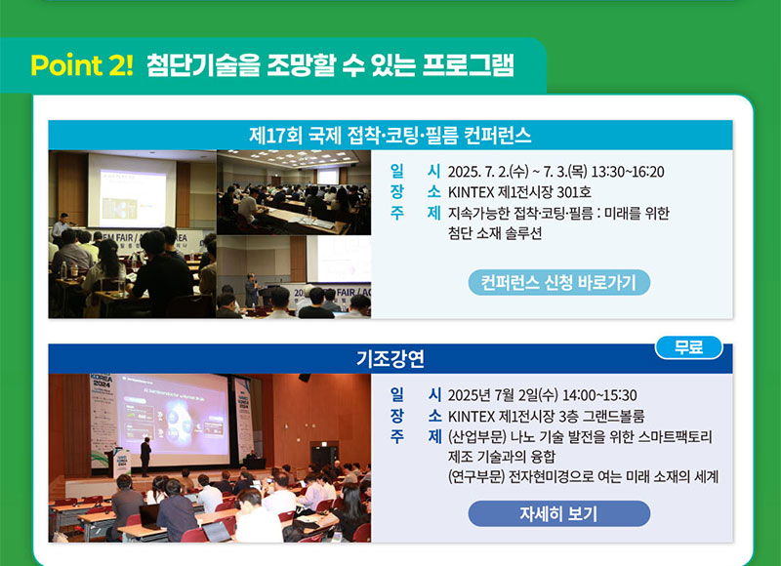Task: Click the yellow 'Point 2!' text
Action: click(x=82, y=65)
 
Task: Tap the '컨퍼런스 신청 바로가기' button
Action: click(x=558, y=282)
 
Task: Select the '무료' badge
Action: click(x=688, y=347)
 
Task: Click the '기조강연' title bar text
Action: click(x=390, y=358)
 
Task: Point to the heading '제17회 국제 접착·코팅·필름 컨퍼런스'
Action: click(x=390, y=135)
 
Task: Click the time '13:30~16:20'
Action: click(x=628, y=172)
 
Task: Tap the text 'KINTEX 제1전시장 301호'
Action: click(x=519, y=192)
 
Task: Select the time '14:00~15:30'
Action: click(x=599, y=395)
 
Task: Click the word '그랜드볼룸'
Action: click(x=614, y=416)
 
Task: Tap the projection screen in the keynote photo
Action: click(x=172, y=421)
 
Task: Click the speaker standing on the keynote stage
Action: click(x=145, y=457)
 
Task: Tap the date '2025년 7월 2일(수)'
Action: click(x=503, y=395)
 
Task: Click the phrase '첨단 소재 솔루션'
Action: click(x=495, y=233)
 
